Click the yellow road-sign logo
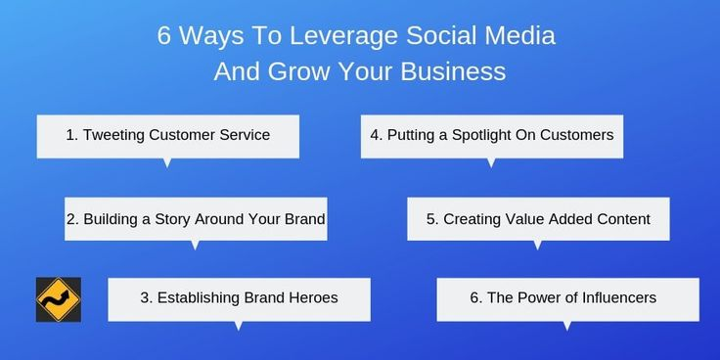pyautogui.click(x=58, y=299)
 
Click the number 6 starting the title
pyautogui.click(x=165, y=38)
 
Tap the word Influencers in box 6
pyautogui.click(x=615, y=297)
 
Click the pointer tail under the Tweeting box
pyautogui.click(x=167, y=162)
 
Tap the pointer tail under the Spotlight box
pyautogui.click(x=490, y=162)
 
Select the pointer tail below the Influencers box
pyautogui.click(x=567, y=326)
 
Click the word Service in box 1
pyautogui.click(x=244, y=135)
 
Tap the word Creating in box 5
pyautogui.click(x=473, y=219)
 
